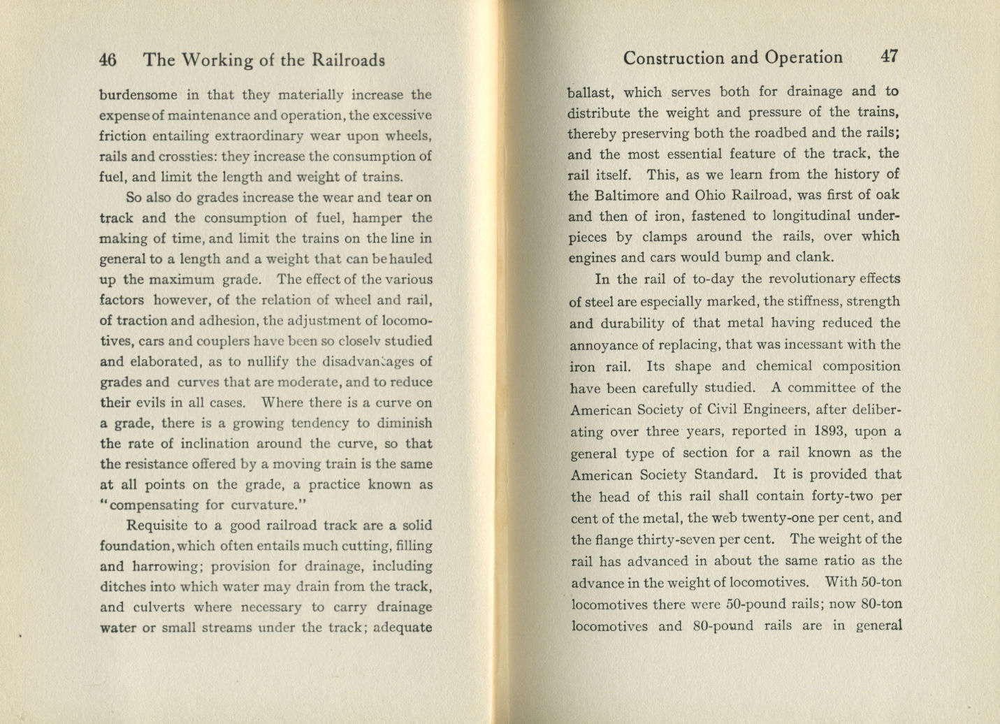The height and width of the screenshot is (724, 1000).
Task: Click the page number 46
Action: click(108, 60)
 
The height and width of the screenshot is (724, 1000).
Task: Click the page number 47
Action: click(889, 57)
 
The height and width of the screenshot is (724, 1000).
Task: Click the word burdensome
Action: click(138, 94)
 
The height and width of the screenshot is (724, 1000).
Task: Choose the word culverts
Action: click(154, 607)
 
